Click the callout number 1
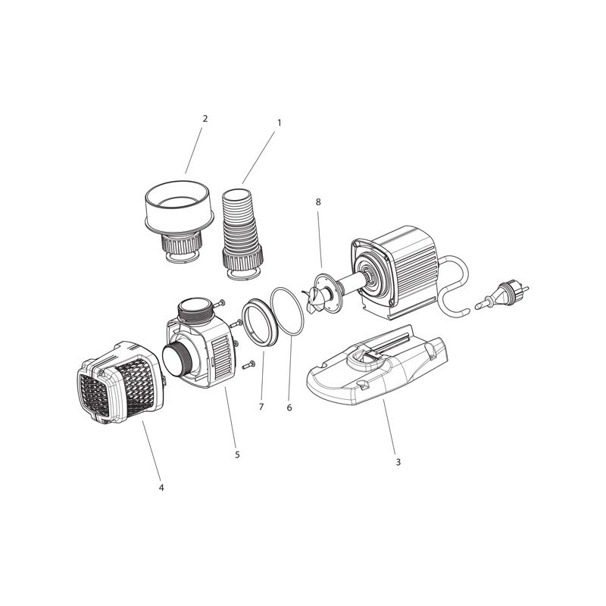[x=279, y=122]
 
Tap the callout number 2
[x=205, y=119]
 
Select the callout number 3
[x=398, y=461]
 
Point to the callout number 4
[x=161, y=487]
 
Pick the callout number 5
[x=237, y=454]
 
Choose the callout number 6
[x=289, y=408]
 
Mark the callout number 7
[x=261, y=408]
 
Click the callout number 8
[x=318, y=202]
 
